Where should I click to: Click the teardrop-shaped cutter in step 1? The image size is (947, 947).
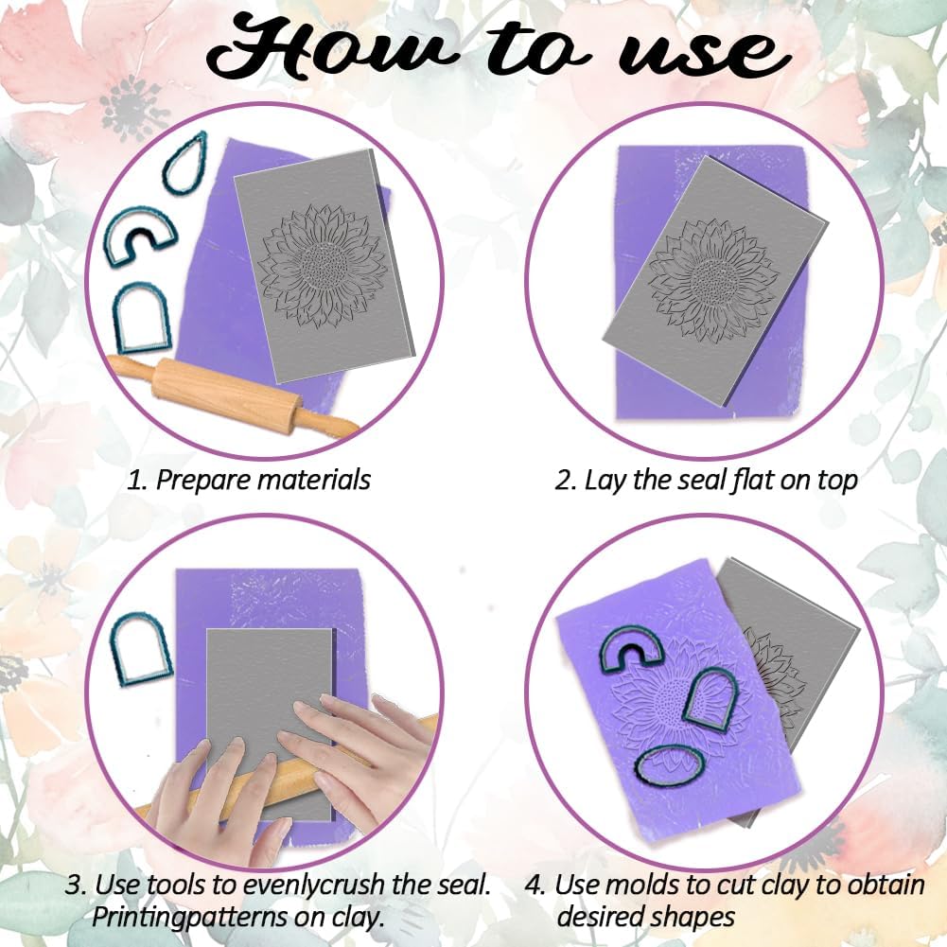pos(188,162)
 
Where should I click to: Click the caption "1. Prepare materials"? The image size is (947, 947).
pos(249,480)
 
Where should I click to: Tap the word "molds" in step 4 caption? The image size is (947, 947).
pos(657,886)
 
